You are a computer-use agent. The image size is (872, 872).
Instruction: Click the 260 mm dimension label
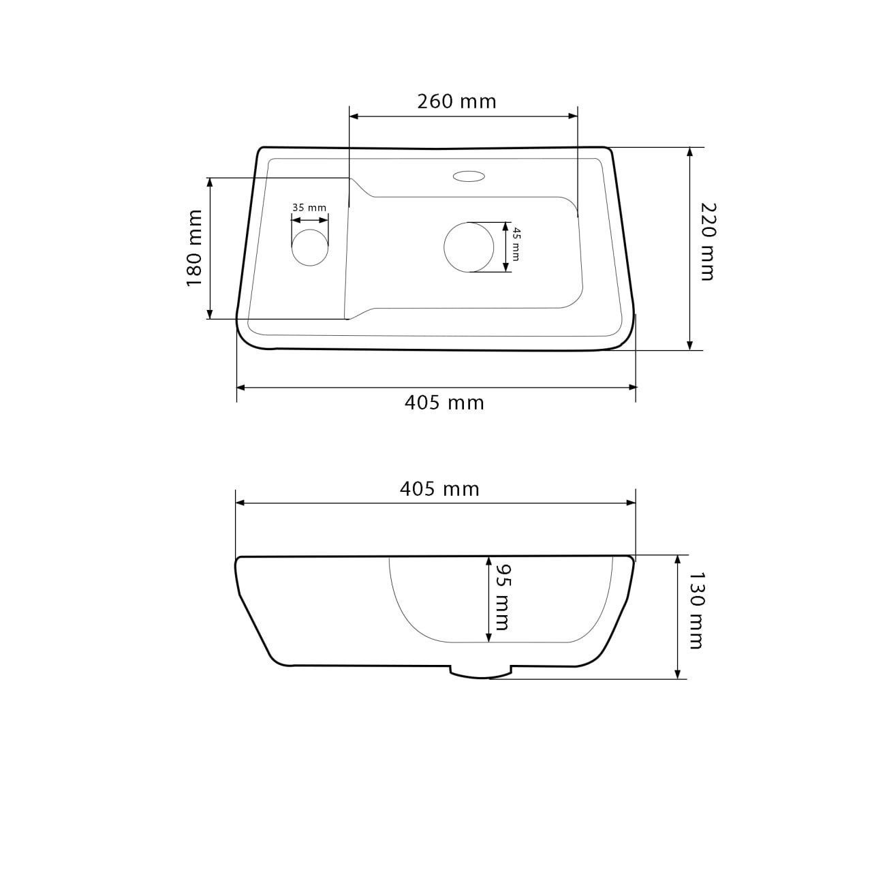point(456,102)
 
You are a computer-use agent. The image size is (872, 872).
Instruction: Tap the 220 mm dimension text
point(708,242)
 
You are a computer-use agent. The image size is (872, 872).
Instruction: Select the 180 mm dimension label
point(195,247)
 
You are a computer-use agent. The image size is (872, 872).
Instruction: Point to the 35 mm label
point(309,208)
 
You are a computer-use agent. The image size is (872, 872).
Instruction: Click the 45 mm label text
point(516,245)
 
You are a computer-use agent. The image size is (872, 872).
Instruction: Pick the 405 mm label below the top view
point(444,403)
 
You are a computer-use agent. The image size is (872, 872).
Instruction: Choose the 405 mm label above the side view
point(439,489)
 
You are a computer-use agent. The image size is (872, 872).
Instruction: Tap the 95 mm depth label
point(502,597)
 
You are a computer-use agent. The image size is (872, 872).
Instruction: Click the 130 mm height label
point(695,611)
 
